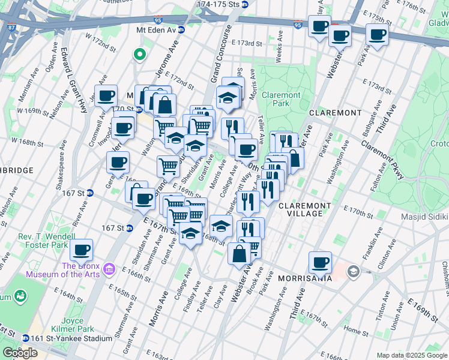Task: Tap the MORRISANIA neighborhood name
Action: point(304,278)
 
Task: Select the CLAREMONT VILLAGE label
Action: point(304,210)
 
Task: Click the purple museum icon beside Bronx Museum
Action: point(109,266)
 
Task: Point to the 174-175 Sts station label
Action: point(222,4)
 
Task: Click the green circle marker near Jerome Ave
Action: point(139,55)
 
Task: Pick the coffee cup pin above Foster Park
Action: point(81,249)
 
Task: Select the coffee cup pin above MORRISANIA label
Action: point(320,262)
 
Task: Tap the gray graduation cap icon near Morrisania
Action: point(354,271)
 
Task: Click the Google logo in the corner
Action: point(20,353)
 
